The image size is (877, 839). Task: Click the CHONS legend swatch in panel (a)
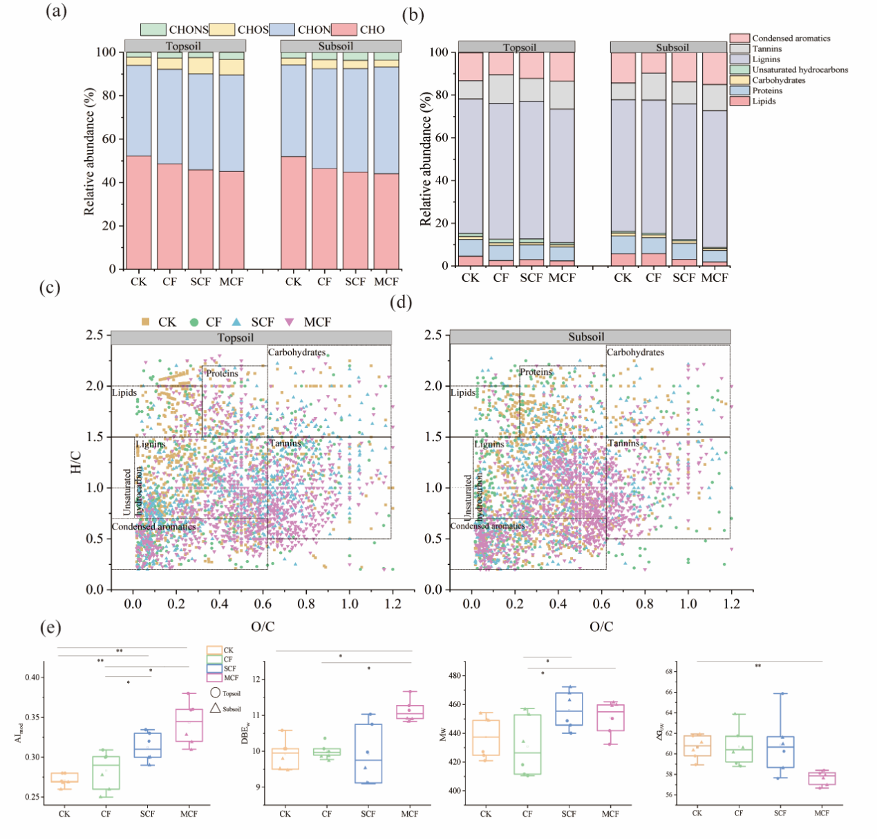pos(153,30)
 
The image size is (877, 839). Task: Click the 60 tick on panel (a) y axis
pos(109,139)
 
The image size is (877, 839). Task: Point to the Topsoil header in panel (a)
pos(184,46)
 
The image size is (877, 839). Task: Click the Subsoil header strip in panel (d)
pos(589,337)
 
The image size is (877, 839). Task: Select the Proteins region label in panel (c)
pos(222,374)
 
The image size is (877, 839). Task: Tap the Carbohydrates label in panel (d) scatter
pos(635,352)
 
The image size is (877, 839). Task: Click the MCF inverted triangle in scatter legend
pos(290,322)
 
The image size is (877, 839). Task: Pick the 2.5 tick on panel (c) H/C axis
pos(95,335)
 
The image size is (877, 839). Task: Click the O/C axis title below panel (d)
pos(601,626)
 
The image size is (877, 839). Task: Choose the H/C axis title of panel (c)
pos(76,462)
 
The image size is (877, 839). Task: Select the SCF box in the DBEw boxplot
pos(368,753)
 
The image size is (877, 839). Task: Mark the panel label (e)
pos(50,627)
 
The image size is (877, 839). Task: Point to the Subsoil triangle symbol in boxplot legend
pos(215,708)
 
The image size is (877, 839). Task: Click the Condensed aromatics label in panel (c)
pos(154,527)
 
